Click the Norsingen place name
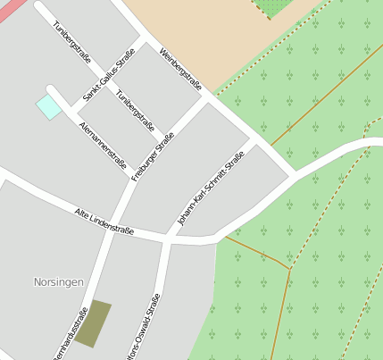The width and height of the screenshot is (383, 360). tap(58, 281)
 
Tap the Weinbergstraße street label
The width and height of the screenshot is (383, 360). tap(180, 70)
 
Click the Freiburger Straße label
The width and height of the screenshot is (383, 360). tap(153, 157)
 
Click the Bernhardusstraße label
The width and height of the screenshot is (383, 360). tap(71, 334)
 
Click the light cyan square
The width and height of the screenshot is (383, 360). tap(49, 107)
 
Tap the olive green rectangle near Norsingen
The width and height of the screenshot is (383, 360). tap(93, 323)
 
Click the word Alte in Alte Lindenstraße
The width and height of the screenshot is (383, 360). tap(83, 215)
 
